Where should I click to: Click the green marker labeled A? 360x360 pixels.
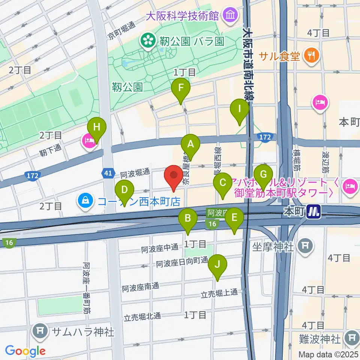pos(190,144)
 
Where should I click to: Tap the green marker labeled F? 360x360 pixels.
pos(181,88)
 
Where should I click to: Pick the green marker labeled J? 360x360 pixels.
pos(217,265)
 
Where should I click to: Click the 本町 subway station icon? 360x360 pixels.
pos(313,212)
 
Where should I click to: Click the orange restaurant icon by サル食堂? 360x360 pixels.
pos(311,56)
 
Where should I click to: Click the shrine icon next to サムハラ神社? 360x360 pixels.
pos(39,331)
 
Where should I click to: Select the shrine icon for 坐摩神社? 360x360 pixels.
pos(305,246)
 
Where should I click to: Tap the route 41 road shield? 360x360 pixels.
pos(108,173)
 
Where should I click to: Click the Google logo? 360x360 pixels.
pos(25,351)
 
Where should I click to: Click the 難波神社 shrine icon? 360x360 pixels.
pos(352,339)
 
